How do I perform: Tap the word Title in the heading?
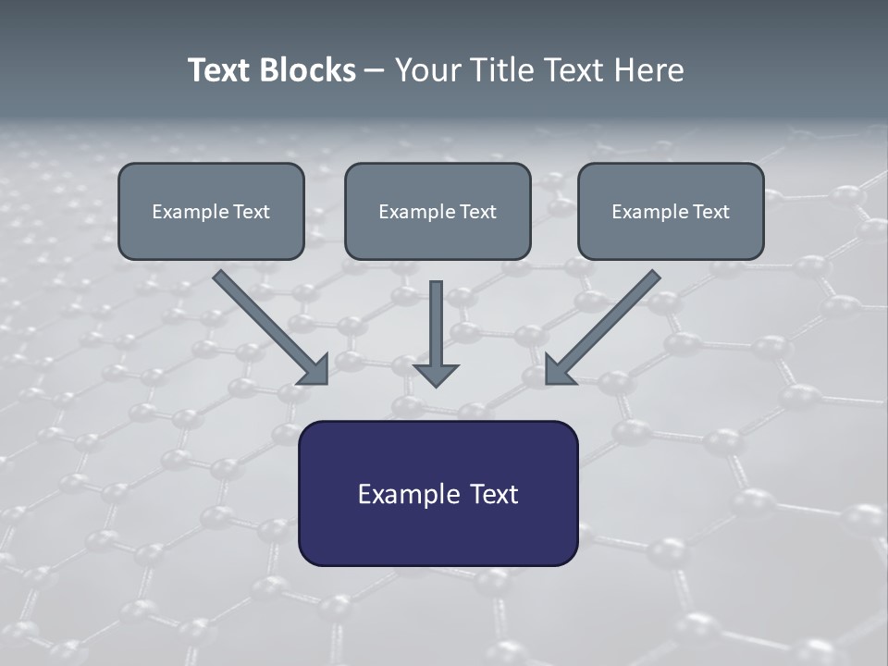point(505,70)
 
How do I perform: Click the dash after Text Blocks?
point(375,71)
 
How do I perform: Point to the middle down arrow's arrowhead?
point(436,375)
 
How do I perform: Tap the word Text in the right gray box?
point(711,212)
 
